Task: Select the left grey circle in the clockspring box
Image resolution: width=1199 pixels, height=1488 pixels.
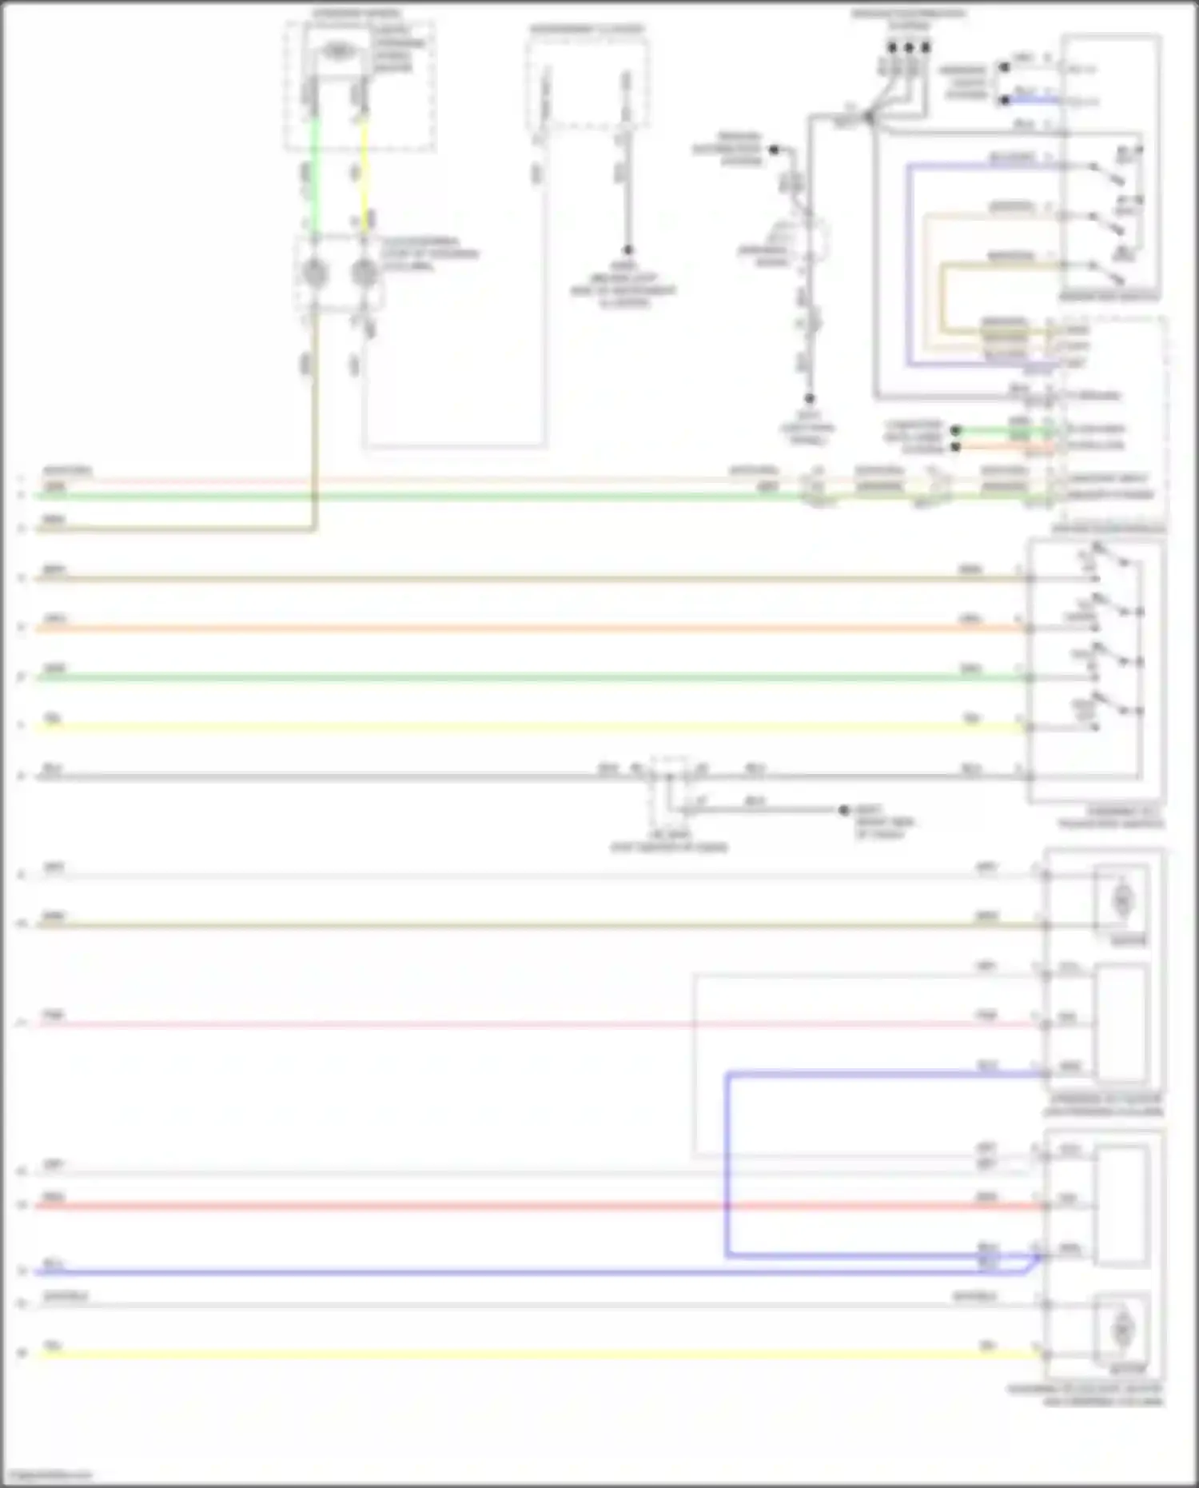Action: [314, 273]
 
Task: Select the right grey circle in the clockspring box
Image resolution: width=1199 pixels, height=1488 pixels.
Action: [364, 273]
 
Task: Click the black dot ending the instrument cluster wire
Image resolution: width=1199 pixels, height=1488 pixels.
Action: [627, 250]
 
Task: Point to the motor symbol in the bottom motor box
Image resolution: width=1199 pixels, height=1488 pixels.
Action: [1122, 1328]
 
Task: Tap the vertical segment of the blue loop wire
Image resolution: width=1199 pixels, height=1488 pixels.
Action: [727, 1163]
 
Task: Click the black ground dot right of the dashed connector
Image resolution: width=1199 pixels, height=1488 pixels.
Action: [843, 810]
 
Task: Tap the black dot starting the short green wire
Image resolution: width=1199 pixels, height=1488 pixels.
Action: [955, 430]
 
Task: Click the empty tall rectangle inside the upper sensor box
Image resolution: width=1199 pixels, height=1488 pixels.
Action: [1122, 1023]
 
